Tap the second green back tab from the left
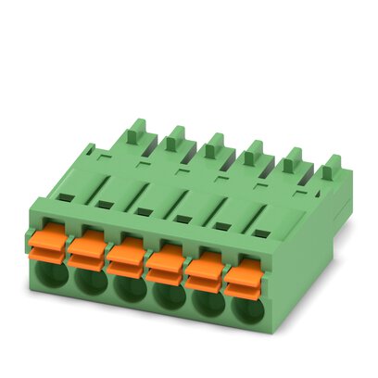point(173,138)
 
